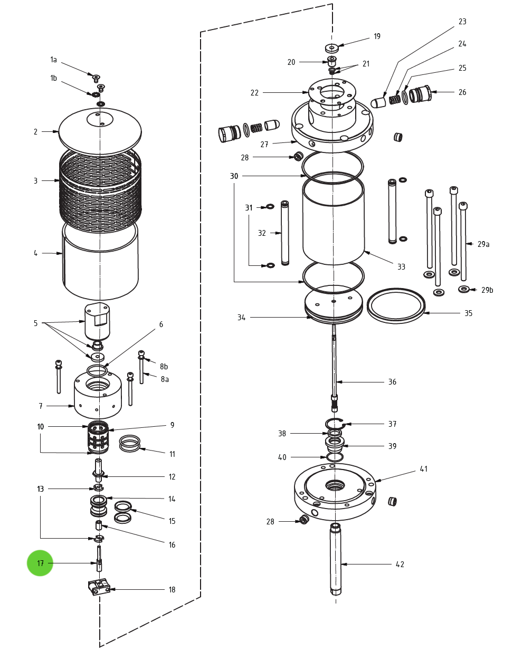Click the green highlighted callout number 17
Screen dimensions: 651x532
(x=40, y=563)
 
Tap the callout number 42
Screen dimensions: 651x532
(x=400, y=564)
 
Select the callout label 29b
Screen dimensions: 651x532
(x=487, y=290)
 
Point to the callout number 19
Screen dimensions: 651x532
(x=377, y=36)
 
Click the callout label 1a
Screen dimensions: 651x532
(x=53, y=60)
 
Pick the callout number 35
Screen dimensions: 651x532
(x=468, y=313)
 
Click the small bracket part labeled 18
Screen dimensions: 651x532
(x=99, y=587)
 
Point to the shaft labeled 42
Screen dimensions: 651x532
(x=336, y=559)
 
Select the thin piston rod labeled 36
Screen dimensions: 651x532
(x=334, y=364)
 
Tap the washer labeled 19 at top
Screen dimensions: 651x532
(x=331, y=48)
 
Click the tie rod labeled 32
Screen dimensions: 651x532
(x=285, y=232)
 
